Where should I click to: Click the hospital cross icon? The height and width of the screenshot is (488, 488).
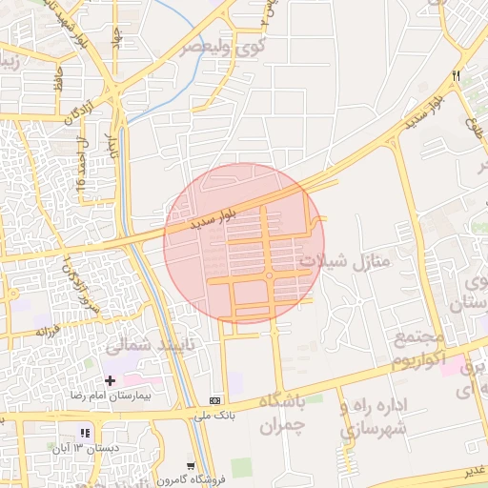pyautogui.click(x=110, y=380)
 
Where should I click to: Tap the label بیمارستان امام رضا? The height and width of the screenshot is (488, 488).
pyautogui.click(x=111, y=395)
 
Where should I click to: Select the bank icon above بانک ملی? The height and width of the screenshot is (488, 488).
pyautogui.click(x=214, y=400)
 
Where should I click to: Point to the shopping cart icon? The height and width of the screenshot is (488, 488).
pyautogui.click(x=192, y=466)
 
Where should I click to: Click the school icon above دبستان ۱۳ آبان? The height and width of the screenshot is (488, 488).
pyautogui.click(x=85, y=433)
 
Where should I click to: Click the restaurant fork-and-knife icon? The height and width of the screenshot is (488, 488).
pyautogui.click(x=456, y=75)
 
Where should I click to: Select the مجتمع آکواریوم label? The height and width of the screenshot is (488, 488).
pyautogui.click(x=418, y=350)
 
